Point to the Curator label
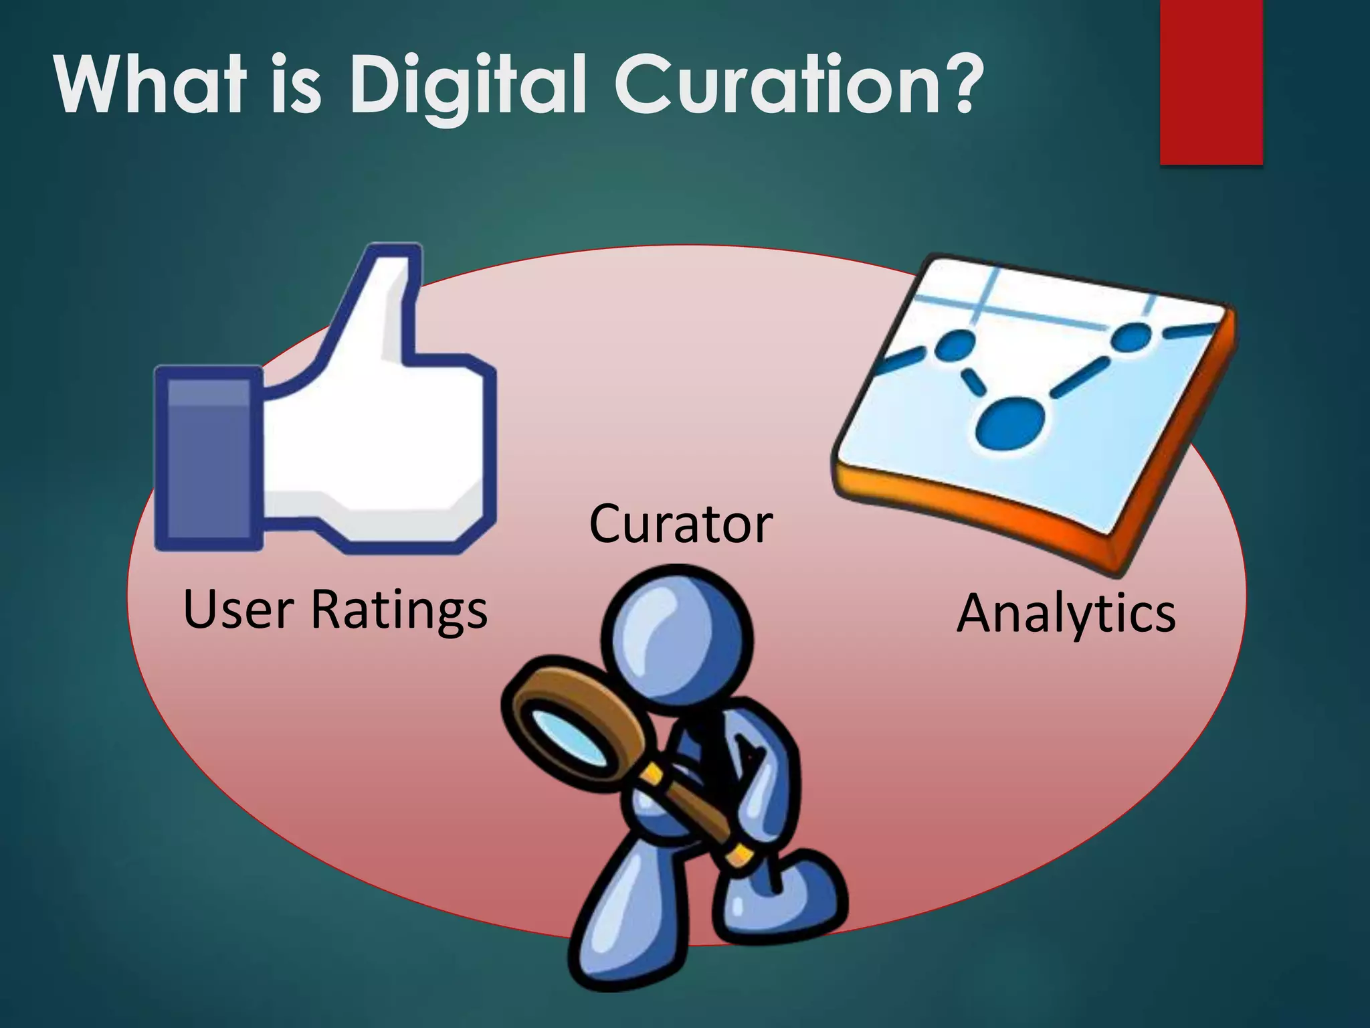point(680,524)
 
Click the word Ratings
point(399,610)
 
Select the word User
point(238,610)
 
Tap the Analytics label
point(1066,614)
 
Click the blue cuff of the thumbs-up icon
point(207,458)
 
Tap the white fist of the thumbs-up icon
point(375,448)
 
